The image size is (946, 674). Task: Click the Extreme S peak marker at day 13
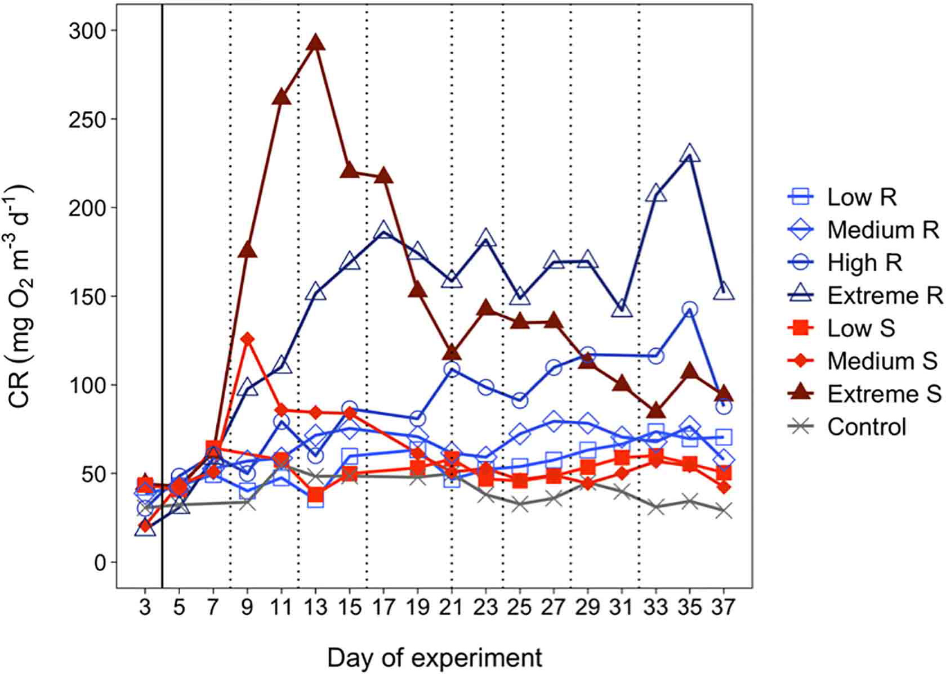pos(316,43)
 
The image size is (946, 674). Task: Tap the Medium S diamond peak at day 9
pos(247,339)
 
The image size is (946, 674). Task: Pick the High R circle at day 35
pos(690,309)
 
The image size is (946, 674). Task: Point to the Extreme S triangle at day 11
pos(282,97)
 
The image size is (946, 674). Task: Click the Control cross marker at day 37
pos(724,511)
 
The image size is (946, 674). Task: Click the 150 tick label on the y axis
pos(90,296)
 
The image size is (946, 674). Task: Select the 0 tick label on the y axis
pos(100,562)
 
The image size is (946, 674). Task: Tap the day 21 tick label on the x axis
pos(452,607)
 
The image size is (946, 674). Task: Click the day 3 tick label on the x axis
pos(145,607)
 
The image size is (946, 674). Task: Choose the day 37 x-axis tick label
pos(724,607)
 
